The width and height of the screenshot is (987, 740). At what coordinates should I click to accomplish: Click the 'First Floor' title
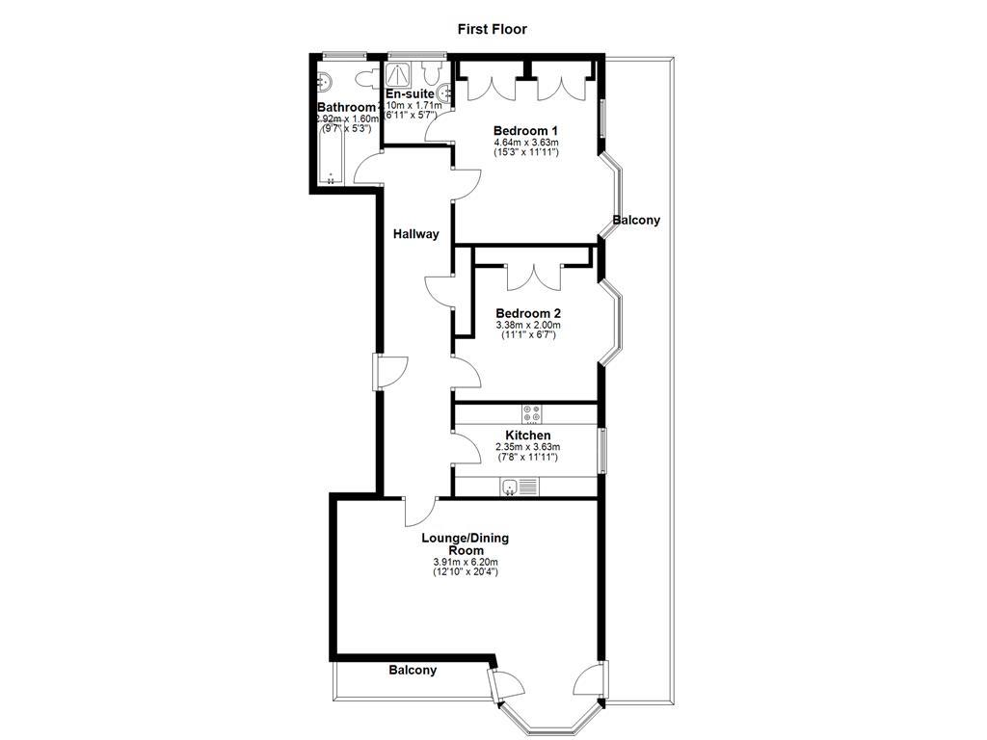tap(492, 29)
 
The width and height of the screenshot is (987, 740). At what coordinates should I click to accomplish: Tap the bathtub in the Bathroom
tap(330, 154)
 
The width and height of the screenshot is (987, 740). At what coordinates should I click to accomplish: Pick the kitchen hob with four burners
tap(532, 413)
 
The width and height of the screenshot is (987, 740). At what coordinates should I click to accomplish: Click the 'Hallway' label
tap(415, 233)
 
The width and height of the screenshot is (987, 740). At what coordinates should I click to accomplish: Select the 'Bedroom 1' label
tap(525, 130)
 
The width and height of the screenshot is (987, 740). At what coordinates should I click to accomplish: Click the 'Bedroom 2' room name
tap(528, 313)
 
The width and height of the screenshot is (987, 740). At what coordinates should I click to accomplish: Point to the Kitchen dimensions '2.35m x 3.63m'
tap(527, 447)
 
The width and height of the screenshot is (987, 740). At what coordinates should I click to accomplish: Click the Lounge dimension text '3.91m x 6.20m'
tap(465, 563)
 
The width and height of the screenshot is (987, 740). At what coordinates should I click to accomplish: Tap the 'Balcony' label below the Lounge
tap(413, 670)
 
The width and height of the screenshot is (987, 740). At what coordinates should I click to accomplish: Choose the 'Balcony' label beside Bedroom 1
tap(636, 220)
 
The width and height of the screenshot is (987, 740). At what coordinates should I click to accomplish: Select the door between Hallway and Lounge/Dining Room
tap(421, 507)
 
